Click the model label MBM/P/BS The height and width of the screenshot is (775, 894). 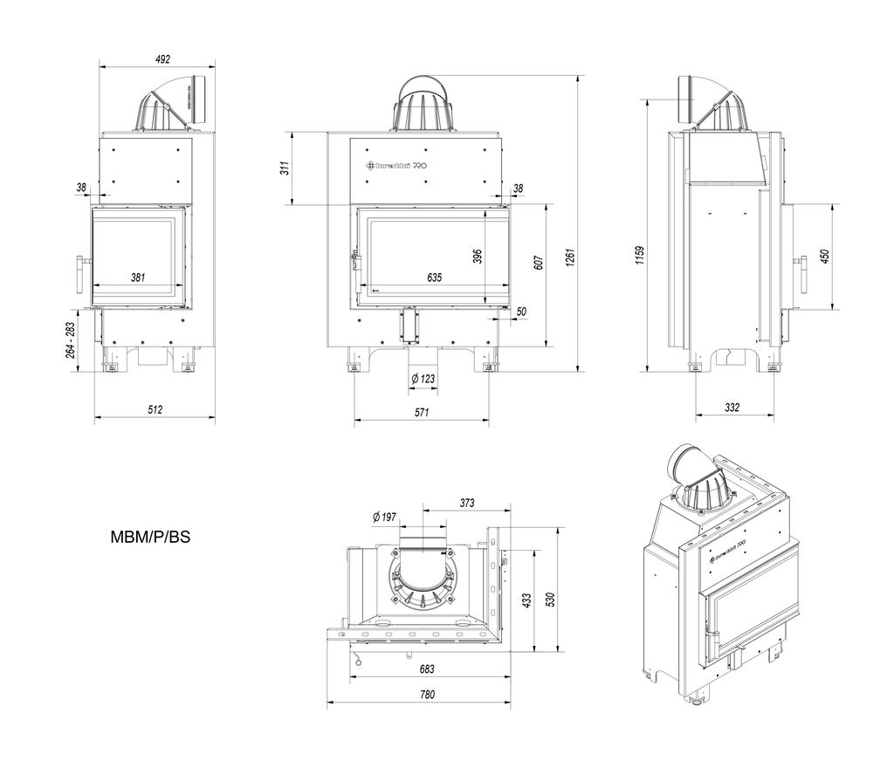click(150, 538)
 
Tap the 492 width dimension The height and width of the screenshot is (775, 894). click(162, 59)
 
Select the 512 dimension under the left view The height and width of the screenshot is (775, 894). click(155, 409)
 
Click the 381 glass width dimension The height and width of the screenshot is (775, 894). click(138, 278)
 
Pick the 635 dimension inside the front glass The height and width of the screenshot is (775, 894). click(434, 278)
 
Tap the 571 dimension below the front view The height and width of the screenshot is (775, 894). click(422, 414)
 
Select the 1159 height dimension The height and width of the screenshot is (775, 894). click(640, 255)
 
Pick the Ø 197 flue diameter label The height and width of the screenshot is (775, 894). click(384, 518)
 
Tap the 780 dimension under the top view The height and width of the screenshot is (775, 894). click(427, 696)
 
